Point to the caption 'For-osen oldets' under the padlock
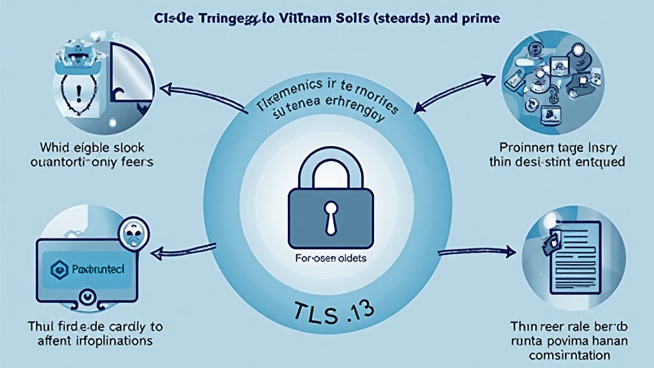click(326, 260)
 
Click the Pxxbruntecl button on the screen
click(86, 270)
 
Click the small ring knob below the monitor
click(86, 298)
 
